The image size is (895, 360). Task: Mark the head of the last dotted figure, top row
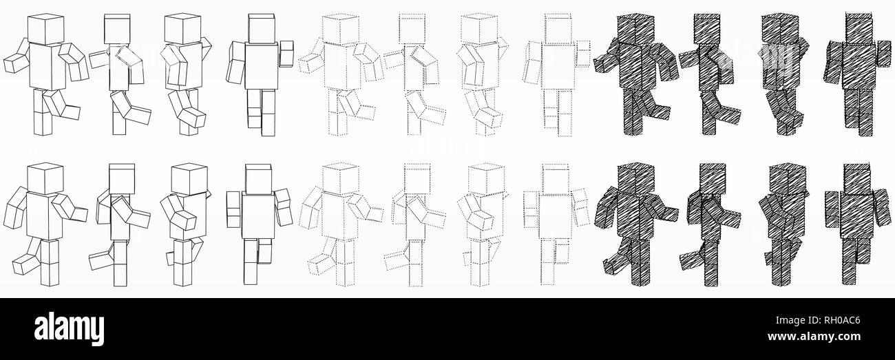(558, 28)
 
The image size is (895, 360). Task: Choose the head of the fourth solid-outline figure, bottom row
(258, 178)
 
